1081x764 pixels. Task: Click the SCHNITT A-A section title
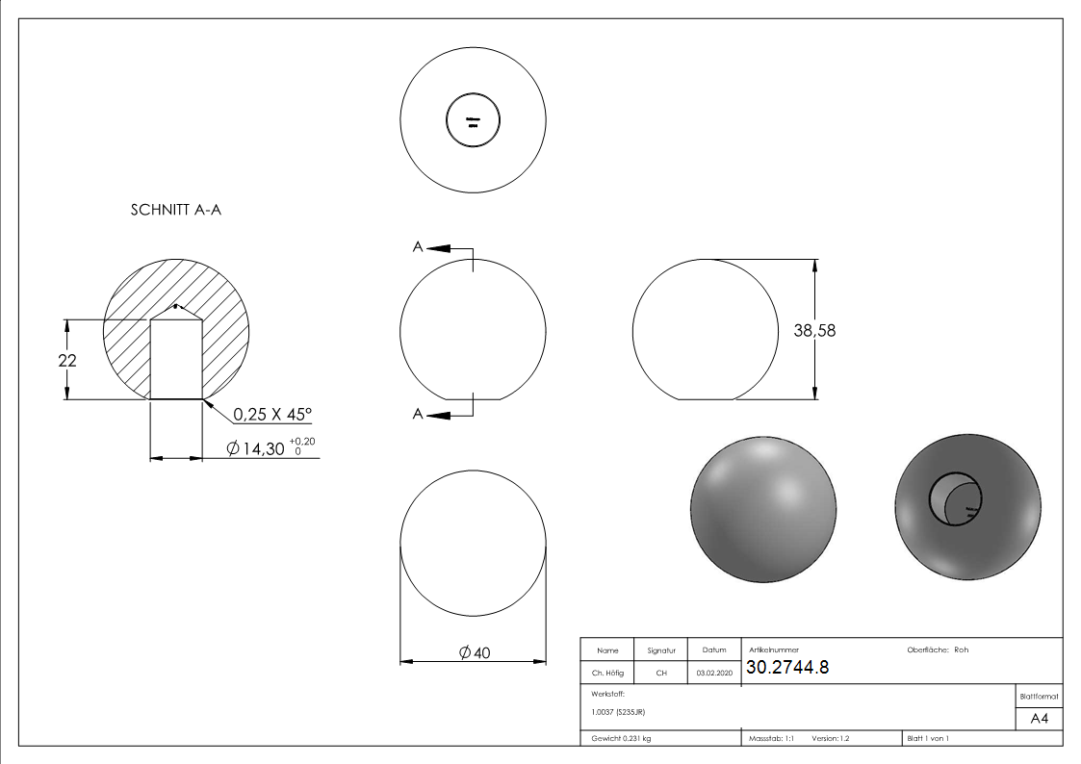pos(176,211)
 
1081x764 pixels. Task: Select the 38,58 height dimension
pos(814,330)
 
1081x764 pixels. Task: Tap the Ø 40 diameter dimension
pos(476,652)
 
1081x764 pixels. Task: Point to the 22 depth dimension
pos(66,360)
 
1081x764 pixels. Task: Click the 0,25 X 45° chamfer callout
pos(272,415)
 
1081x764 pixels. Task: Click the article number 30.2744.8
pos(786,669)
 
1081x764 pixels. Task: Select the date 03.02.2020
pos(714,674)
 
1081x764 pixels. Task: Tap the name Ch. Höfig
pos(607,674)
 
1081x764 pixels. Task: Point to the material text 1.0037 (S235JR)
pos(618,712)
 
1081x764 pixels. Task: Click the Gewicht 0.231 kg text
pos(621,739)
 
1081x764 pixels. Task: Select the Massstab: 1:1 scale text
pos(771,739)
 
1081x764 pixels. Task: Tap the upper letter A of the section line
pos(417,247)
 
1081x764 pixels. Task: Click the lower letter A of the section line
pos(417,414)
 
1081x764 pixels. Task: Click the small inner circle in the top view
pos(473,122)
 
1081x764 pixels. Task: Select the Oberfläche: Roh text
pos(938,649)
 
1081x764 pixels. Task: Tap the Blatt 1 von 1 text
pos(927,739)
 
